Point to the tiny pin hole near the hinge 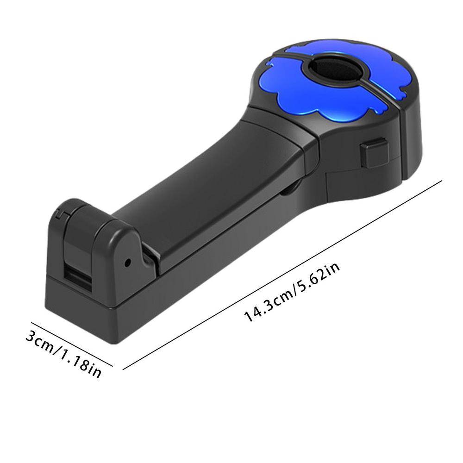click(x=128, y=262)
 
